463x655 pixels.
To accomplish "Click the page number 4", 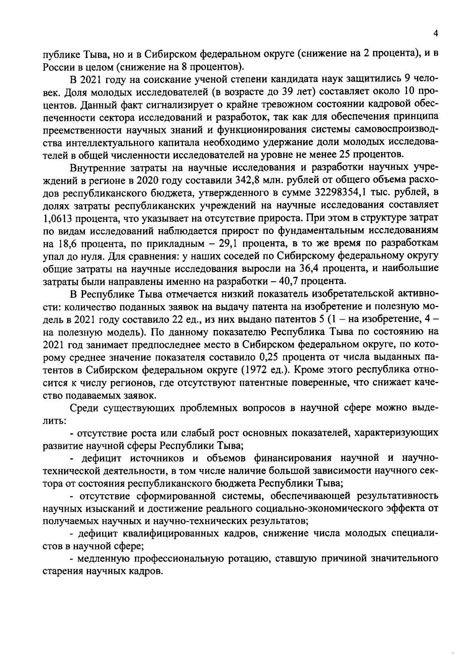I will (x=435, y=34).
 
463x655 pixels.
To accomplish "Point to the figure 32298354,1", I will (x=338, y=193).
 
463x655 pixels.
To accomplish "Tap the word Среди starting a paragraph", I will (x=83, y=408).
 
